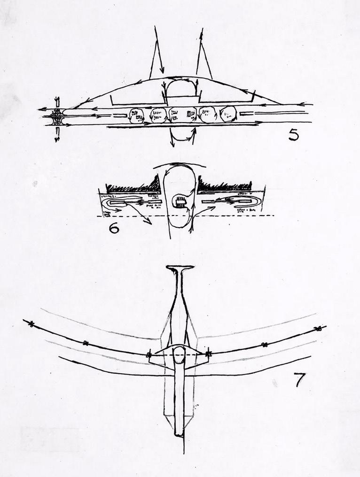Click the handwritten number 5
pos(293,135)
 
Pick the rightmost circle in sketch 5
pos(228,114)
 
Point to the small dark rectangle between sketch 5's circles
pos(190,114)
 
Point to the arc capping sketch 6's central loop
pos(180,165)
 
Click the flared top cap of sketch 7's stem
pos(180,269)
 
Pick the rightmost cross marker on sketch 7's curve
pos(318,328)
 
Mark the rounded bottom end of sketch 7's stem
pos(179,433)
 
